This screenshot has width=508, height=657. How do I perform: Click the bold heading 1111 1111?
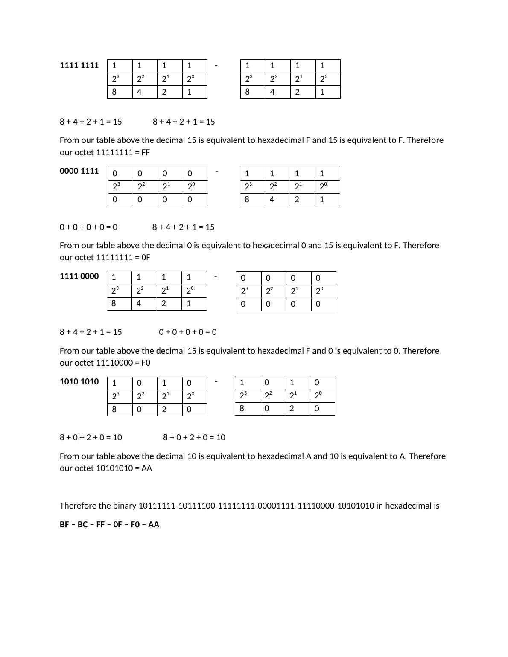[79, 66]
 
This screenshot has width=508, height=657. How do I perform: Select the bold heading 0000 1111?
[79, 171]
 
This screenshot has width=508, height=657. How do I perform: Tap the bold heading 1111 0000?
[79, 276]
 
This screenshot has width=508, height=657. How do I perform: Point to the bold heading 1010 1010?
[79, 382]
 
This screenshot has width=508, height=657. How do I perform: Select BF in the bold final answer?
[64, 525]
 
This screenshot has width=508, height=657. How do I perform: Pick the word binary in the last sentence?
[125, 506]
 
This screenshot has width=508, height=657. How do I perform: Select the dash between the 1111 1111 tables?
[216, 66]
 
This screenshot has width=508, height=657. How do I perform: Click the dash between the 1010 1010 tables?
[216, 382]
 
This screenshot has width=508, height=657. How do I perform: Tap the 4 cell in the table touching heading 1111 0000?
[138, 304]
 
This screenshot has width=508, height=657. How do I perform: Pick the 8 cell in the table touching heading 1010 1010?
[114, 410]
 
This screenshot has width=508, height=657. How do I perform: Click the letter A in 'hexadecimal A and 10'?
[309, 456]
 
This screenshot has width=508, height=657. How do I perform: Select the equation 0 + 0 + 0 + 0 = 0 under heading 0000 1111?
[88, 227]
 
